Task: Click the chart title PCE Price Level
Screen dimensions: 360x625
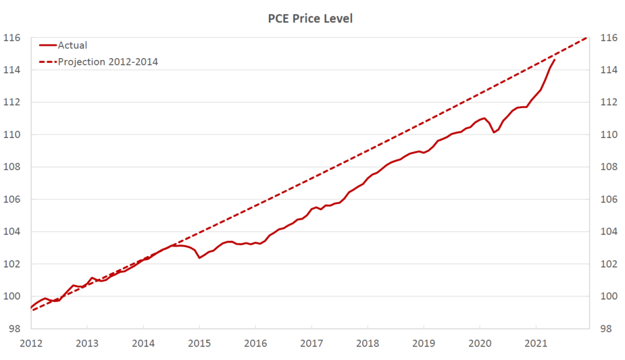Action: pos(310,19)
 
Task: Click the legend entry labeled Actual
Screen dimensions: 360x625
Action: pos(72,45)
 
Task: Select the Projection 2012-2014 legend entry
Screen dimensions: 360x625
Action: pos(108,61)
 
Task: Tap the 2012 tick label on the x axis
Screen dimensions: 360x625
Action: pos(31,342)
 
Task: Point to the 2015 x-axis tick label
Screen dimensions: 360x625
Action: pos(199,342)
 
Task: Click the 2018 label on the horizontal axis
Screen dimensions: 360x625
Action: pos(367,342)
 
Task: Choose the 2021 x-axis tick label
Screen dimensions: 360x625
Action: pos(536,342)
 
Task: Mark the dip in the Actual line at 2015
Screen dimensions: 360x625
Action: pos(199,258)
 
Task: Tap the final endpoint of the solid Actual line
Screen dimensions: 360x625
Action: pos(554,60)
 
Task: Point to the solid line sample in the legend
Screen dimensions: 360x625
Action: pos(48,45)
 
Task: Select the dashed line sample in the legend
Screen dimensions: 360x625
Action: pos(48,61)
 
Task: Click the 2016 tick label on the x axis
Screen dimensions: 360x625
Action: pos(255,342)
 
